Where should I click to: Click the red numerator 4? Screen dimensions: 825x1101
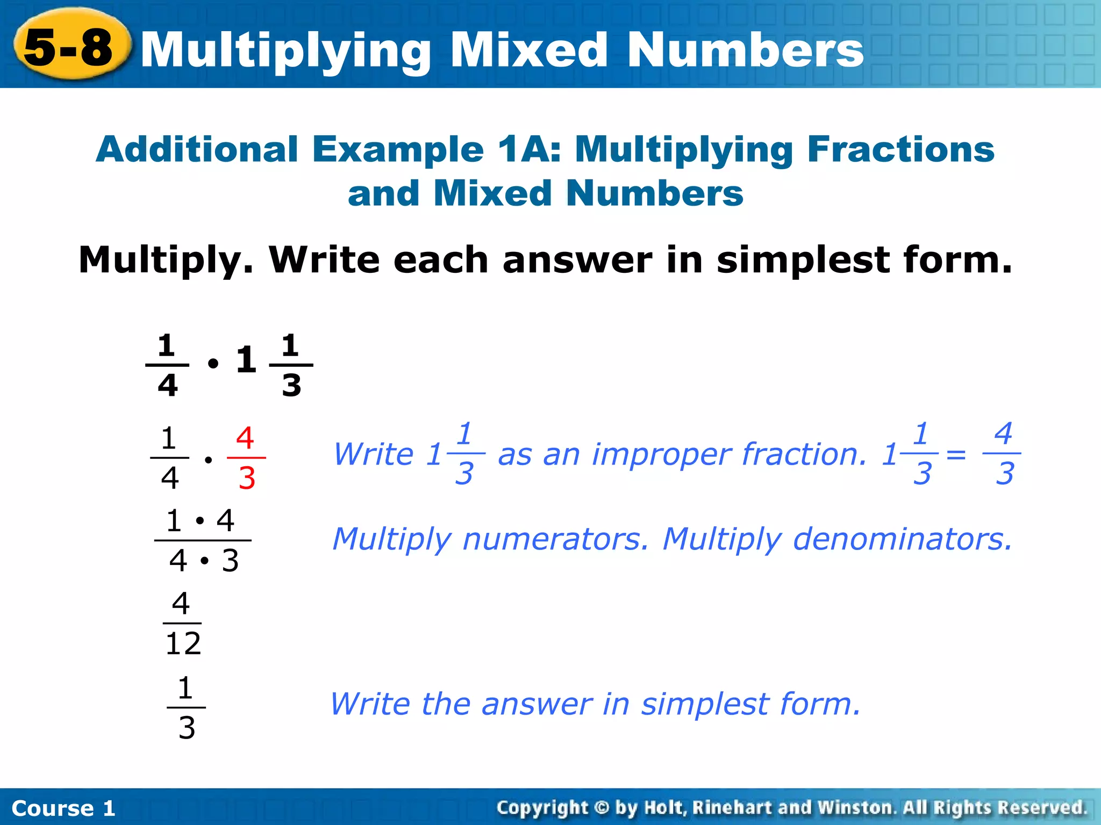[x=245, y=438]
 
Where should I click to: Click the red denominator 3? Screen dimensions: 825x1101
[x=247, y=477]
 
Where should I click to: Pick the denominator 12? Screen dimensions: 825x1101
[x=183, y=643]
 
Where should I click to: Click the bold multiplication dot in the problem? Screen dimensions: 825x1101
[x=213, y=364]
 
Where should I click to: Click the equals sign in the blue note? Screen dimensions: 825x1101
[x=956, y=455]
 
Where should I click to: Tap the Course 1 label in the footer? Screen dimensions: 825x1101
[x=63, y=808]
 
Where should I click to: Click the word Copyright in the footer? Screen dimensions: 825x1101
[x=542, y=807]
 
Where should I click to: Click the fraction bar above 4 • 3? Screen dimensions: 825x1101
[x=203, y=540]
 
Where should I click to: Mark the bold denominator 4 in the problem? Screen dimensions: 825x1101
[x=168, y=385]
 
